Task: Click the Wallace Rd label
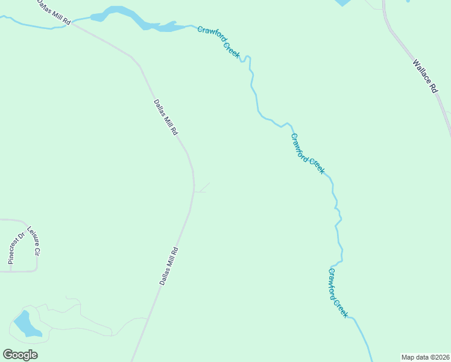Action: pyautogui.click(x=424, y=75)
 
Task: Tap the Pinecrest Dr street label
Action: pyautogui.click(x=16, y=248)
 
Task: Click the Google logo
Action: pyautogui.click(x=20, y=355)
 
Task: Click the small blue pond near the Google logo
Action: pyautogui.click(x=26, y=325)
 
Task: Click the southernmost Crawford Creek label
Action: pyautogui.click(x=338, y=293)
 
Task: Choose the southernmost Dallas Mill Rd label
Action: pyautogui.click(x=169, y=266)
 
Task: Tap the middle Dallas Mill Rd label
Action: pyautogui.click(x=165, y=117)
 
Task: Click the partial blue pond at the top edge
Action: pyautogui.click(x=342, y=2)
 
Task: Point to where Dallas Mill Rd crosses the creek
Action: pyautogui.click(x=72, y=25)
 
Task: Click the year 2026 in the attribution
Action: pyautogui.click(x=440, y=357)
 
